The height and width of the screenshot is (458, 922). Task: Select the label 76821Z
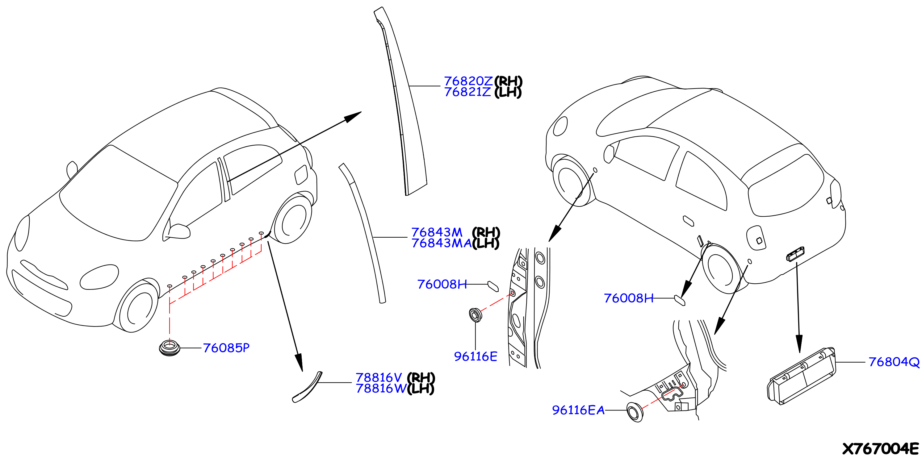coord(467,92)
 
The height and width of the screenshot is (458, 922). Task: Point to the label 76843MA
coord(442,243)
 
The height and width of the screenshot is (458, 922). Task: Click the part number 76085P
coord(226,348)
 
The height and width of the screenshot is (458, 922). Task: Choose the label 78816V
coord(379,377)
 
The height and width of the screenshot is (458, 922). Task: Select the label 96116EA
coord(578,410)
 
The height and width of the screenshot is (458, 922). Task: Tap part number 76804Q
coord(894,362)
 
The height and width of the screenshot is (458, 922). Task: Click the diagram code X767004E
coord(881,448)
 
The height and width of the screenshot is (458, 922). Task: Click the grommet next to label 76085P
coord(169,348)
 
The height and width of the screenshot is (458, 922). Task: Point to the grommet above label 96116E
coord(475,315)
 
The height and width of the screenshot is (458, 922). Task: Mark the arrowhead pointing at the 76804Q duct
coord(799,344)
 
